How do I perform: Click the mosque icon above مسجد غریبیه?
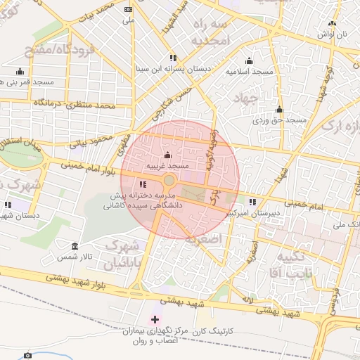[x=167, y=155]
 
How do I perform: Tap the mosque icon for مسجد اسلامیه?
[x=248, y=61]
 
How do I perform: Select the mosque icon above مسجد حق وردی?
[x=279, y=110]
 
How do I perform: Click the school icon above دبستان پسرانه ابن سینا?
[x=172, y=58]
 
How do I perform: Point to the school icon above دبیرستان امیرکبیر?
[x=252, y=202]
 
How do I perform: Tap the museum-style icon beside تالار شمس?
[x=75, y=245]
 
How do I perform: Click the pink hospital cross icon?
[x=155, y=320]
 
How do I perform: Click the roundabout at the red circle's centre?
[x=169, y=181]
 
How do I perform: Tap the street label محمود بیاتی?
[x=91, y=138]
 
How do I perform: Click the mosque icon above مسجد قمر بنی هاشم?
[x=19, y=71]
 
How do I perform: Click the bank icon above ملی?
[x=127, y=10]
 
